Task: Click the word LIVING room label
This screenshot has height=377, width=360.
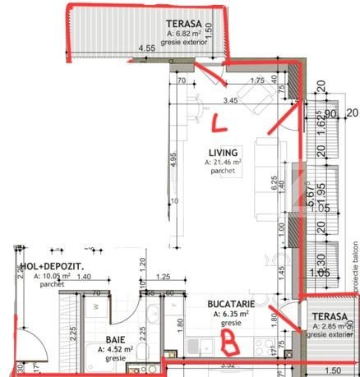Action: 223,153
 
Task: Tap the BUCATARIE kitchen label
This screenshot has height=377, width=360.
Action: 226,304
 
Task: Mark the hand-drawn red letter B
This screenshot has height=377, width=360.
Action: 231,337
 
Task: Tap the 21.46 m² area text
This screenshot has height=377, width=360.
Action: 223,163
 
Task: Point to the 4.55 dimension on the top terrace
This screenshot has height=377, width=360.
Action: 147,49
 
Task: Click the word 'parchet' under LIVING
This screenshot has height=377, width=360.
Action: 223,172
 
